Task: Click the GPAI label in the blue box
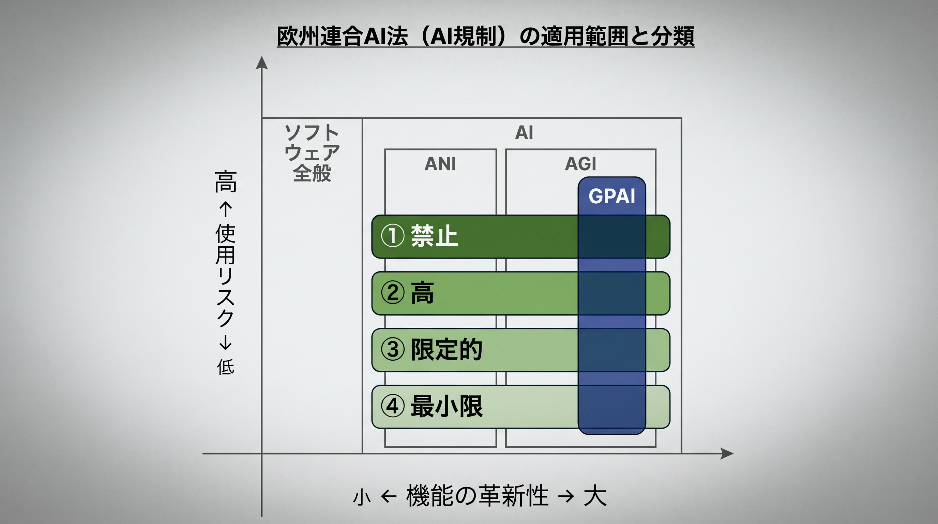pos(612,196)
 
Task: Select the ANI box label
pos(440,164)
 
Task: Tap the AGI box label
pos(580,164)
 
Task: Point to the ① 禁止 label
pos(419,236)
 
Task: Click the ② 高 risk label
pos(407,293)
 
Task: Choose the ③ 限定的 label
pos(432,349)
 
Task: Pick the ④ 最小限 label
pos(432,406)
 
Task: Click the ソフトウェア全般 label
pos(312,153)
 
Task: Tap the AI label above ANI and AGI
pos(524,133)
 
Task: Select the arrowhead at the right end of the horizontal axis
pos(727,454)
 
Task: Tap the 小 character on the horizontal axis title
pos(362,497)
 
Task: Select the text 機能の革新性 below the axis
pos(477,496)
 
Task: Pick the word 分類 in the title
pos(673,36)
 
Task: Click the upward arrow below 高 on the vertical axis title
pos(225,209)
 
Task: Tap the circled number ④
pos(393,406)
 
